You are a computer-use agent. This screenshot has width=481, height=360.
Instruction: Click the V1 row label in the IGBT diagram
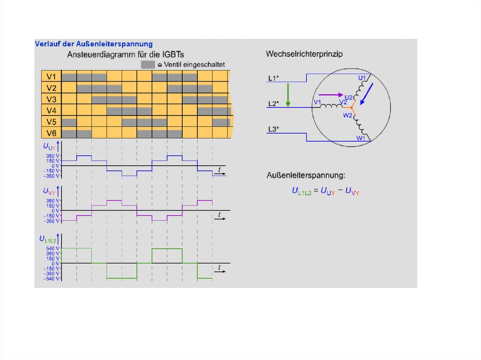[x=51, y=77]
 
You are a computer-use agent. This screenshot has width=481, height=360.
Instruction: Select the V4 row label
[x=51, y=111]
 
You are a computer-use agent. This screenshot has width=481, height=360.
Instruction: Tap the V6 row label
[x=51, y=133]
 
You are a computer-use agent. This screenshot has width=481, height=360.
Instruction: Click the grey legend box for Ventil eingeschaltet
[x=148, y=64]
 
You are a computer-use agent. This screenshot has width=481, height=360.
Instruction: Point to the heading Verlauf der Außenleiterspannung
[x=94, y=44]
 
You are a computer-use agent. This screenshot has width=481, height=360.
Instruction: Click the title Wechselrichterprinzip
[x=304, y=54]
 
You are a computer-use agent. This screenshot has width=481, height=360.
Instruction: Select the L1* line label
[x=273, y=78]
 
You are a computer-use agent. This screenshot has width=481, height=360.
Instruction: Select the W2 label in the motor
[x=348, y=115]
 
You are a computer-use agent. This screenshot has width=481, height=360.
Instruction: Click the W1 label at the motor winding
[x=360, y=138]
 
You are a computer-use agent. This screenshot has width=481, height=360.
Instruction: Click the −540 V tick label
[x=52, y=278]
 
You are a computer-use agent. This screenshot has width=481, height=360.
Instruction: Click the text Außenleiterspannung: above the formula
[x=305, y=176]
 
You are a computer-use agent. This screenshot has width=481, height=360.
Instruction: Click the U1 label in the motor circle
[x=362, y=78]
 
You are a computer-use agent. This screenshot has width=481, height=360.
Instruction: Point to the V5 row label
[x=51, y=122]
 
